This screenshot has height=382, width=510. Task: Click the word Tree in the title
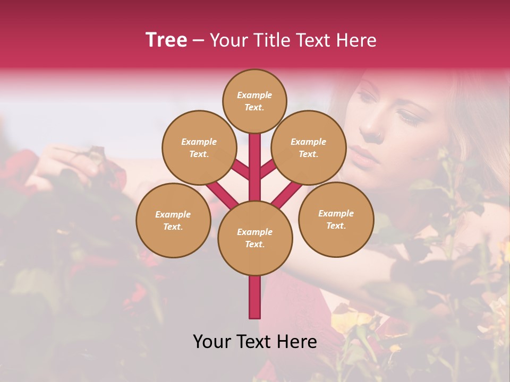click(166, 40)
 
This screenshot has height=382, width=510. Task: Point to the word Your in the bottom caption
click(212, 342)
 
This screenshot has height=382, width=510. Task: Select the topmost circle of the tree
click(254, 101)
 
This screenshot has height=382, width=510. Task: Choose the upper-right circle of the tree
click(309, 147)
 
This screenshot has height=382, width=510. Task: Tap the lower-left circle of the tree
click(173, 220)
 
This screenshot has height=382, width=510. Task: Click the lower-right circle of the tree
click(336, 219)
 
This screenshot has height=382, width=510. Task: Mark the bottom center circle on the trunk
click(254, 238)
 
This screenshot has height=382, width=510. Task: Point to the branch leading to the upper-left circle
click(241, 169)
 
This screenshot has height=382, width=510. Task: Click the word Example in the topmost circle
click(254, 95)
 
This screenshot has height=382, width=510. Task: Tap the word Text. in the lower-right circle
click(336, 225)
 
